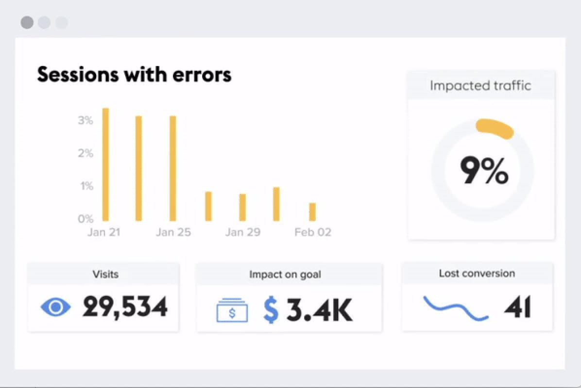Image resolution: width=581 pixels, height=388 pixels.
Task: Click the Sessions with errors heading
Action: pyautogui.click(x=134, y=75)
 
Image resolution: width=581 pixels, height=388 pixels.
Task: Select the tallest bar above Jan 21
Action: pyautogui.click(x=105, y=164)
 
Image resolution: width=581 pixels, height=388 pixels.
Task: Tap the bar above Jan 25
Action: pyautogui.click(x=172, y=168)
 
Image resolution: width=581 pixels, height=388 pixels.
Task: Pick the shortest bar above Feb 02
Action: pyautogui.click(x=312, y=211)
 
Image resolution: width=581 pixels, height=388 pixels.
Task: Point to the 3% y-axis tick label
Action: pyautogui.click(x=85, y=120)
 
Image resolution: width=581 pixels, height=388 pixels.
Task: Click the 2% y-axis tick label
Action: pyautogui.click(x=85, y=153)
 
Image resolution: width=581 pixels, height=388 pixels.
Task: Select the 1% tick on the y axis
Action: pyautogui.click(x=85, y=186)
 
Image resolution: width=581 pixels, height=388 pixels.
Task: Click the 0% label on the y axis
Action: pyautogui.click(x=85, y=219)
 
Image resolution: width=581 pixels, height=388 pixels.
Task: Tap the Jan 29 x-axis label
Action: pyautogui.click(x=242, y=232)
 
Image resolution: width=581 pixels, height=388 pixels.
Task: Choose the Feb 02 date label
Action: pyautogui.click(x=312, y=232)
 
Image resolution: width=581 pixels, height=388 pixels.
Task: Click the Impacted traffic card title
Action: pyautogui.click(x=480, y=86)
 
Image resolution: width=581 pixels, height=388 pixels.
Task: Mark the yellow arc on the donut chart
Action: pyautogui.click(x=495, y=129)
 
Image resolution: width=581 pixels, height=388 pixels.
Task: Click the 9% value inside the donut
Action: pyautogui.click(x=484, y=170)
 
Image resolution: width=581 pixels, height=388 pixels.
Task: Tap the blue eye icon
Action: pyautogui.click(x=56, y=307)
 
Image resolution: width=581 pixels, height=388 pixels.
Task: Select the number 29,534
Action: pyautogui.click(x=125, y=307)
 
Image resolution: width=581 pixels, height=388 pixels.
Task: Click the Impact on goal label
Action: pyautogui.click(x=285, y=275)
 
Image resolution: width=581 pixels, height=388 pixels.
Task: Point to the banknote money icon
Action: pyautogui.click(x=232, y=310)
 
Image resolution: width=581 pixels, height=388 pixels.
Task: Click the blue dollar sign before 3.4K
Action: pyautogui.click(x=271, y=310)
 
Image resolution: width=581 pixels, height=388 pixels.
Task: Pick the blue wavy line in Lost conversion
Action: pyautogui.click(x=456, y=307)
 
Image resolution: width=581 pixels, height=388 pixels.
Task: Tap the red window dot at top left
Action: pyautogui.click(x=27, y=22)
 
